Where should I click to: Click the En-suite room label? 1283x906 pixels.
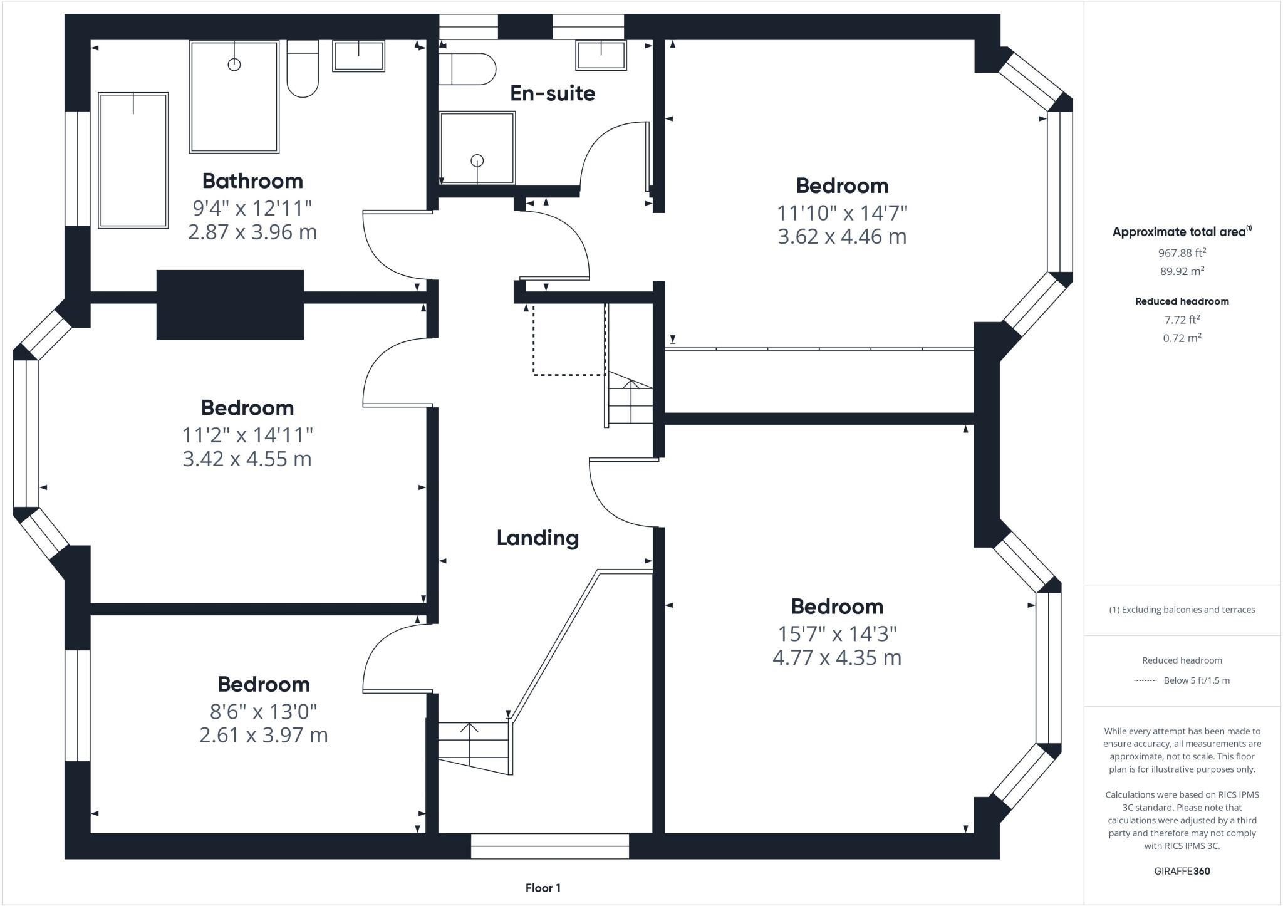coord(552,93)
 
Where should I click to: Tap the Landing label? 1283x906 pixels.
coord(538,538)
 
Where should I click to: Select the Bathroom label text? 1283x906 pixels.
coord(252,181)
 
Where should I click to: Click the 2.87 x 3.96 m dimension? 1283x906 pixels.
coord(252,232)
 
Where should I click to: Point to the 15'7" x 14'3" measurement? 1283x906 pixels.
coord(837,633)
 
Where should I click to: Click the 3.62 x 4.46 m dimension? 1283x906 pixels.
coord(842,237)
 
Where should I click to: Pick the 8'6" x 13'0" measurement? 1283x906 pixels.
coord(263,711)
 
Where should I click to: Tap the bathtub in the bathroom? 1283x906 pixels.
coord(133,160)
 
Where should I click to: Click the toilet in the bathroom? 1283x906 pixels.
coord(303,69)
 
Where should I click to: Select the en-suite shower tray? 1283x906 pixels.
coord(477,148)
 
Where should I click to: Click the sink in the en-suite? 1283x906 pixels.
coord(601,55)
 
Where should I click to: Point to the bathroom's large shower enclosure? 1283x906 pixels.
coord(234,97)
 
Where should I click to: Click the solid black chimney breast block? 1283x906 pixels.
coord(230,305)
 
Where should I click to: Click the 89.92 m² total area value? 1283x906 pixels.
coord(1182,271)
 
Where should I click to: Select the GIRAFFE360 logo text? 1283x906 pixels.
coord(1182,871)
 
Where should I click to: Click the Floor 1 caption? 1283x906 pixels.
coord(543,888)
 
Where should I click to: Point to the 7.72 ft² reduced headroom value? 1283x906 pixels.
coord(1182,320)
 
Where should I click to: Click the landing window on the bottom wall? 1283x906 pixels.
coord(549,846)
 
